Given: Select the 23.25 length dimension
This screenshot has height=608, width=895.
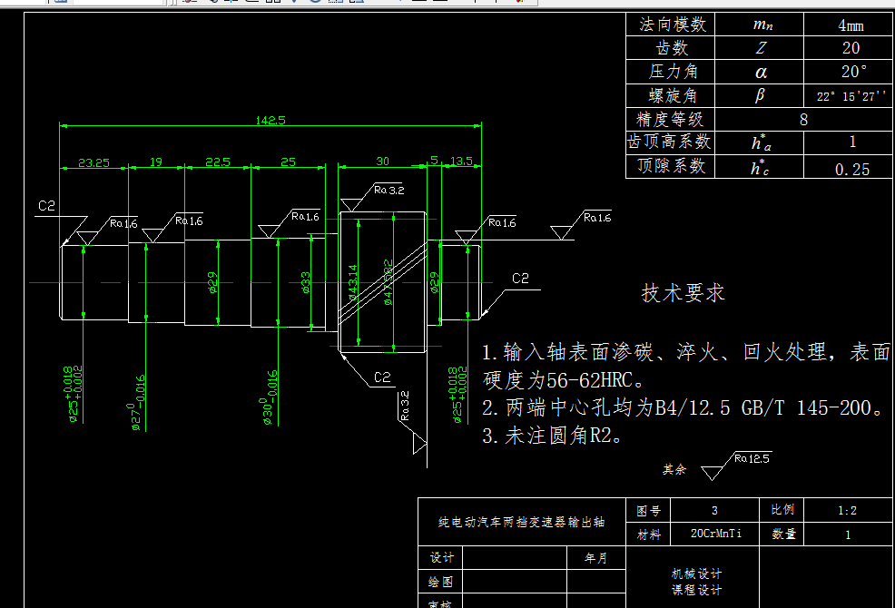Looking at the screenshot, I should [x=93, y=162].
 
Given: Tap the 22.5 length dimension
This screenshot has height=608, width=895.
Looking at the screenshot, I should [x=217, y=162].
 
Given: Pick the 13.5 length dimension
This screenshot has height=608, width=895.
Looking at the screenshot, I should [x=462, y=162].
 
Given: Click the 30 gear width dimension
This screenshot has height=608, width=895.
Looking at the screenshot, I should [x=382, y=162].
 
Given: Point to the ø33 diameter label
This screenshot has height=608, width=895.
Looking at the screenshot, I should [x=306, y=282].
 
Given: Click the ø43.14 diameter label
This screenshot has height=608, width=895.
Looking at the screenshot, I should [x=353, y=281].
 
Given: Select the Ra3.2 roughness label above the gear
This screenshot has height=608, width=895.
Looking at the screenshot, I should [x=388, y=191].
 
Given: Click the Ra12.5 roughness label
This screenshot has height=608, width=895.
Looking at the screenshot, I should [x=752, y=458].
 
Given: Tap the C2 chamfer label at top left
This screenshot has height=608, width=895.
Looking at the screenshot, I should [x=47, y=207].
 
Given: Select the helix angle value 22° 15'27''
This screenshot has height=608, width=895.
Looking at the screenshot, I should [x=851, y=96].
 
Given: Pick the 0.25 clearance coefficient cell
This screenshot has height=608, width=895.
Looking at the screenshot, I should [x=851, y=169].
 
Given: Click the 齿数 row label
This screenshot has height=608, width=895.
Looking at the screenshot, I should [x=672, y=48].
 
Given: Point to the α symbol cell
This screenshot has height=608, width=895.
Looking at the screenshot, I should [x=761, y=73].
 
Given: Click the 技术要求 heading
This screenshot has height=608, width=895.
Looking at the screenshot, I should [x=683, y=293].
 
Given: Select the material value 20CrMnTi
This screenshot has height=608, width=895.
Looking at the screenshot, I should [x=716, y=534].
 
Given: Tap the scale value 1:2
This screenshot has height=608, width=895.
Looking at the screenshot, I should [x=847, y=511].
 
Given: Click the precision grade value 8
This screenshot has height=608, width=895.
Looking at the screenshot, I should [x=803, y=120].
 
